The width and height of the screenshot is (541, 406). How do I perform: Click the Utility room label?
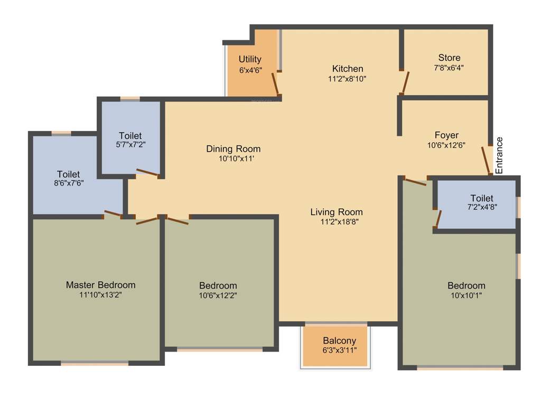tap(250, 59)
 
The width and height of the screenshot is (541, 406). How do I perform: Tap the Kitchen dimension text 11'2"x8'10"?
tap(347, 79)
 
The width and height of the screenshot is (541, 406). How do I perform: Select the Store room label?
tap(449, 58)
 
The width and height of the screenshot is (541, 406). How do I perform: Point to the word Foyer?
tap(446, 135)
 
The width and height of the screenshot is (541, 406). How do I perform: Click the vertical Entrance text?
tap(499, 155)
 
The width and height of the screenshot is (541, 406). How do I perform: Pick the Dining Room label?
tap(233, 149)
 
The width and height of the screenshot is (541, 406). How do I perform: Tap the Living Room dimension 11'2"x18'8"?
tap(336, 222)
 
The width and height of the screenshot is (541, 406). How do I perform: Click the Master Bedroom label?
tap(100, 284)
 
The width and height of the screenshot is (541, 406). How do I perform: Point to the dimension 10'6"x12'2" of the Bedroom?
tap(218, 296)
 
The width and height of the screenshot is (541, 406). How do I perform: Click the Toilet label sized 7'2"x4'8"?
tap(481, 198)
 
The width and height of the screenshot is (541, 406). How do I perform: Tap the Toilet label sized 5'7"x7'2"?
tap(130, 136)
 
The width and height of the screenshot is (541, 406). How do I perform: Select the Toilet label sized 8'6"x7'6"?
tap(68, 174)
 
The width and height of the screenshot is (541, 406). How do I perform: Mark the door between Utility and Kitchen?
tap(275, 84)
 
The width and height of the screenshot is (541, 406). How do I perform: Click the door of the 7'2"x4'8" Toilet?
tap(438, 218)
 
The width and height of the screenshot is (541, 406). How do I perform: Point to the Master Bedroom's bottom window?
tap(95, 363)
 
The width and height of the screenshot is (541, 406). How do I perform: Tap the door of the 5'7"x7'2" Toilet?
tap(146, 173)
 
